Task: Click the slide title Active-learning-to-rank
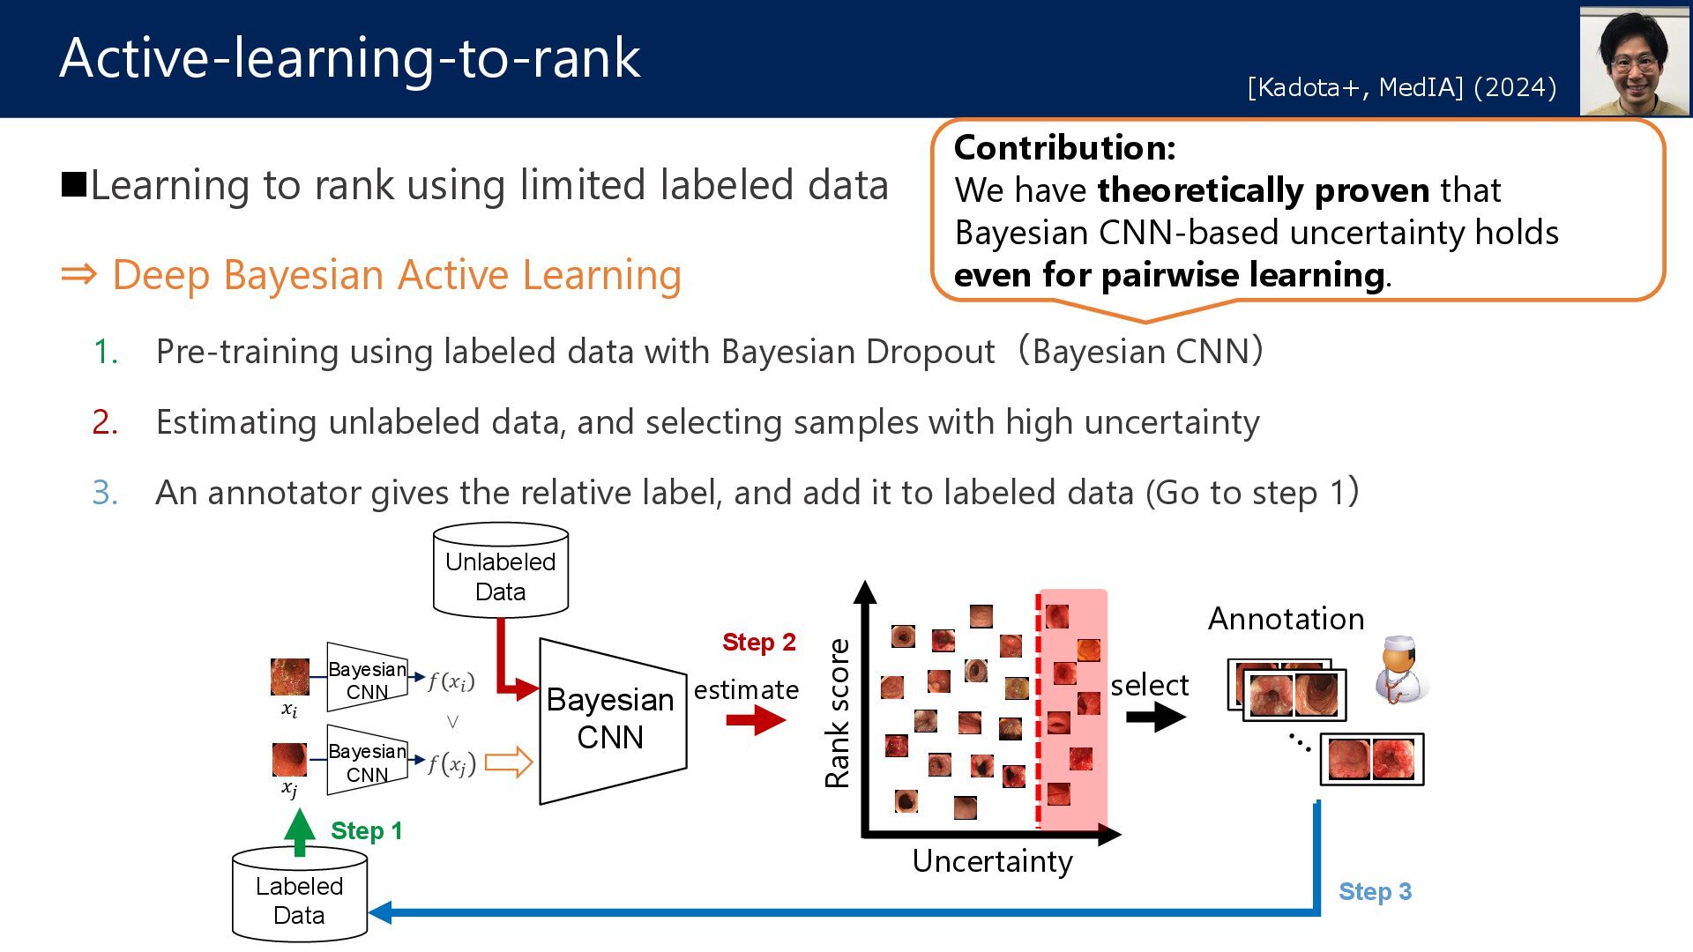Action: pyautogui.click(x=350, y=58)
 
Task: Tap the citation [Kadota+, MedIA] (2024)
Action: pyautogui.click(x=1401, y=87)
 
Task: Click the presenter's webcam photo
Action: pyautogui.click(x=1634, y=62)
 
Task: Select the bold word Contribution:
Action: pyautogui.click(x=1064, y=148)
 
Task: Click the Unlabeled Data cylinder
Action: pyautogui.click(x=500, y=571)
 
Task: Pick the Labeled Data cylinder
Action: pyautogui.click(x=300, y=896)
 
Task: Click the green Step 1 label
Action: pyautogui.click(x=366, y=830)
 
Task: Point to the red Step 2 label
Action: pyautogui.click(x=758, y=642)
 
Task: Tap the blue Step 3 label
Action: pyautogui.click(x=1375, y=891)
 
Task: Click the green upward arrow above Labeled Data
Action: pyautogui.click(x=300, y=832)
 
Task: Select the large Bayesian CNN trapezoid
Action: pyautogui.click(x=610, y=719)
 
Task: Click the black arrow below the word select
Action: pyautogui.click(x=1155, y=717)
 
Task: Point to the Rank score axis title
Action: pyautogui.click(x=837, y=713)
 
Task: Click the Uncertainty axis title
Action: pyautogui.click(x=992, y=861)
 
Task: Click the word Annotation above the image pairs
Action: pyautogui.click(x=1286, y=619)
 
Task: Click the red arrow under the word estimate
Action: pyautogui.click(x=756, y=720)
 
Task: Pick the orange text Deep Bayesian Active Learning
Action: pyautogui.click(x=397, y=275)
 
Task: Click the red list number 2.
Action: pyautogui.click(x=105, y=422)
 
